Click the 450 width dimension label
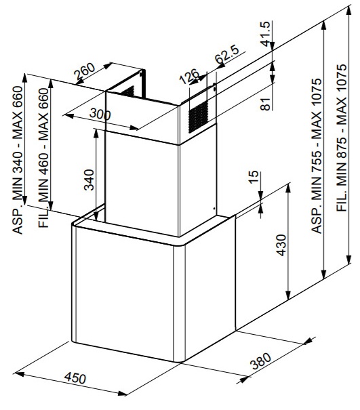[75, 378]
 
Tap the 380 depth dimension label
[260, 361]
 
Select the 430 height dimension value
[281, 245]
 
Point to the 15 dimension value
[253, 177]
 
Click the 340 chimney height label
[89, 180]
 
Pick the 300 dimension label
[100, 115]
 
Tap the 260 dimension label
[84, 71]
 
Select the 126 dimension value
[189, 76]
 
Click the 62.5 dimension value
[227, 54]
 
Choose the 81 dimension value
[266, 104]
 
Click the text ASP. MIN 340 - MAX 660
[18, 160]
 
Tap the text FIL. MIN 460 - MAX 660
[43, 158]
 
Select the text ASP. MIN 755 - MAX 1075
[317, 156]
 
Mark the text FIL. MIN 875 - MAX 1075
[342, 138]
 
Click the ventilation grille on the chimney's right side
[199, 117]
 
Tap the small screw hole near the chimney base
[214, 209]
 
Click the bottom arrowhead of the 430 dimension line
[288, 295]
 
